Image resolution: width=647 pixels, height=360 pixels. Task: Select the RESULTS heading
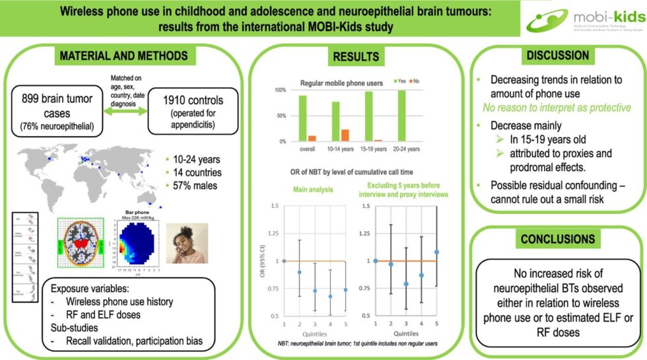356,57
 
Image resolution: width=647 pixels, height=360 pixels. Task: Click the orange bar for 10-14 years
345,135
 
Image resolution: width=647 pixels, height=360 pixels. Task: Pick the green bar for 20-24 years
401,116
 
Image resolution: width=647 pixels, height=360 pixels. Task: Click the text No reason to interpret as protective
556,108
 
